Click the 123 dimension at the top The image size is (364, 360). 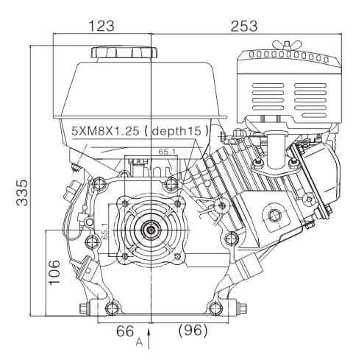pyautogui.click(x=101, y=26)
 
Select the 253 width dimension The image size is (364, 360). pyautogui.click(x=243, y=26)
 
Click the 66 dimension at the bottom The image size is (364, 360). pyautogui.click(x=125, y=331)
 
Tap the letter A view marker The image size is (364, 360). pyautogui.click(x=138, y=342)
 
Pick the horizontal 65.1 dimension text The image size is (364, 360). pyautogui.click(x=168, y=152)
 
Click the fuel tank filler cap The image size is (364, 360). pyautogui.click(x=124, y=53)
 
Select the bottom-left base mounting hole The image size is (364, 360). pyautogui.click(x=110, y=307)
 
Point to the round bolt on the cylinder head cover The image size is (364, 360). pyautogui.click(x=274, y=216)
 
